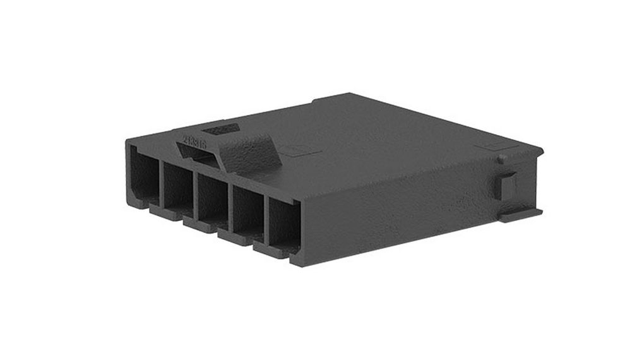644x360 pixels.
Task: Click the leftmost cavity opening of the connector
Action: point(143,174)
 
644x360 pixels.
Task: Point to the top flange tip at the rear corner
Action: point(538,150)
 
